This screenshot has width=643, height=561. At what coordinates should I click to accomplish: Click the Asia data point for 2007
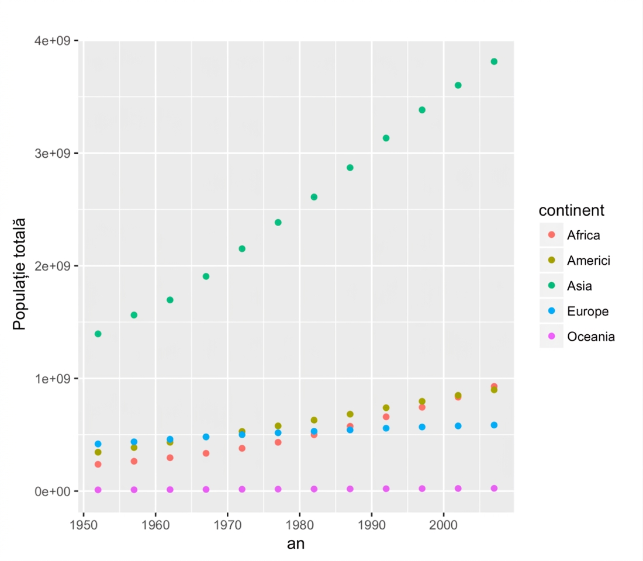[x=494, y=61]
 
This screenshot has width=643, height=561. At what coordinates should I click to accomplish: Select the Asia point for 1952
[x=98, y=334]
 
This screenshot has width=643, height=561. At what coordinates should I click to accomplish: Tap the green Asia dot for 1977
[x=278, y=222]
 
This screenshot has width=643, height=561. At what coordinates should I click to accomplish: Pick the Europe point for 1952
[x=98, y=444]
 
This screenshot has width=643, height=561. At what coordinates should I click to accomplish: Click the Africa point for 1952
[x=98, y=464]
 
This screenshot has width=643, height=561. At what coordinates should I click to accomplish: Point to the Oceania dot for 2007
[x=494, y=489]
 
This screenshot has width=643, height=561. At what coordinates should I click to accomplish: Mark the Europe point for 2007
[x=494, y=425]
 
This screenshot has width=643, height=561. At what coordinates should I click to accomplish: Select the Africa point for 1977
[x=278, y=442]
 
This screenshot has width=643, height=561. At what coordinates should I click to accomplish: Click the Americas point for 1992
[x=386, y=408]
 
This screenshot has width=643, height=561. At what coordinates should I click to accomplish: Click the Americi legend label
[x=589, y=261]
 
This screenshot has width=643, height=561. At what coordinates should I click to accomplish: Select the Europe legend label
[x=587, y=311]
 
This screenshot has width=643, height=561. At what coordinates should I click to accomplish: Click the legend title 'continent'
[x=571, y=210]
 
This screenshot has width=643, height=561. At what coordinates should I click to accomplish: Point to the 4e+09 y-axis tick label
[x=52, y=40]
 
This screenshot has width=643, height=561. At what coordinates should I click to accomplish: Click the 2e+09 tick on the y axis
[x=52, y=266]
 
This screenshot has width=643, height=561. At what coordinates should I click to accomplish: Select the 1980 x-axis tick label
[x=300, y=525]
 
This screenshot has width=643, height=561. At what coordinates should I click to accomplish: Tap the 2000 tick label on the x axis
[x=443, y=525]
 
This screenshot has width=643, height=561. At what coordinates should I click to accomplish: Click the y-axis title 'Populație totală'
[x=19, y=274]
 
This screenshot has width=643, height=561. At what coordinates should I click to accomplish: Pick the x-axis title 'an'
[x=296, y=544]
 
